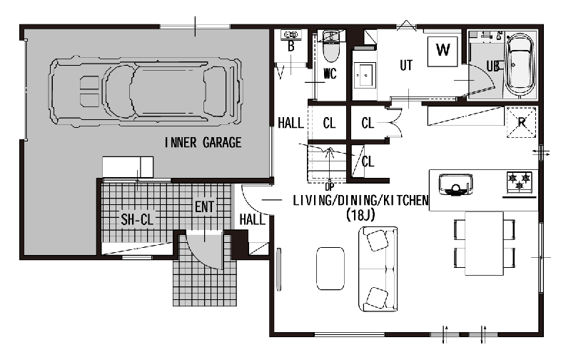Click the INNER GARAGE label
(x=203, y=142)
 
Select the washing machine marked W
(x=443, y=51)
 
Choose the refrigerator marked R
(x=521, y=122)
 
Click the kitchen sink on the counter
(x=455, y=185)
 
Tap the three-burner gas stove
(x=520, y=181)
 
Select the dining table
(x=485, y=244)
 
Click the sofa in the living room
(x=378, y=269)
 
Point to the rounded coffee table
(x=330, y=269)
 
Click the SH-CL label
(x=137, y=219)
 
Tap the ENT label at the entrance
(x=204, y=207)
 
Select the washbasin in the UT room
(x=365, y=76)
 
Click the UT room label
(x=406, y=66)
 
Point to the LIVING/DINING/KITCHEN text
(x=360, y=201)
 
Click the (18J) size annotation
(x=360, y=215)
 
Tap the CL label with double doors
(x=368, y=123)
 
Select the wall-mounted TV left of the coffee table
(x=279, y=269)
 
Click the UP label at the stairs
(x=329, y=187)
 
